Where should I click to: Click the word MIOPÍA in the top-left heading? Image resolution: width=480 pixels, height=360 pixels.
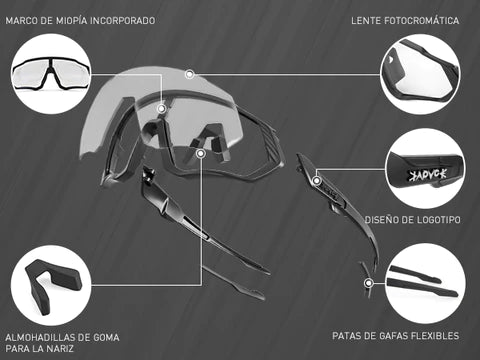pos(69,21)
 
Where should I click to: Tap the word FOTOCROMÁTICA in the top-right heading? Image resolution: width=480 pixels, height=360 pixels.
pos(422,21)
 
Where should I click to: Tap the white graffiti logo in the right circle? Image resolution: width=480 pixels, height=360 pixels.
pos(428,175)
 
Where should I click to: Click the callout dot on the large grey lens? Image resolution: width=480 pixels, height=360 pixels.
pos(190,74)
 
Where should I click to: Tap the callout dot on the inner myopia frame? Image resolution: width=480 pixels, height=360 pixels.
pos(162,108)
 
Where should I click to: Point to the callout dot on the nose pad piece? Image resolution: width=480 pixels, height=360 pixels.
pos(201,153)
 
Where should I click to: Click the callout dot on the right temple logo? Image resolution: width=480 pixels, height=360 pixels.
pos(317,181)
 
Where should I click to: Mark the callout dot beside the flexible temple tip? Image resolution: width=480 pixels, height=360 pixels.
pos(368,283)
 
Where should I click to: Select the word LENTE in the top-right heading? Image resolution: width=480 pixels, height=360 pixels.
pos(366,21)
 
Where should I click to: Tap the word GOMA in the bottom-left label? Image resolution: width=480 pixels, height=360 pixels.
pos(106,337)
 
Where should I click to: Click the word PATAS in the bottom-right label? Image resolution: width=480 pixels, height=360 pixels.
pos(345,336)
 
